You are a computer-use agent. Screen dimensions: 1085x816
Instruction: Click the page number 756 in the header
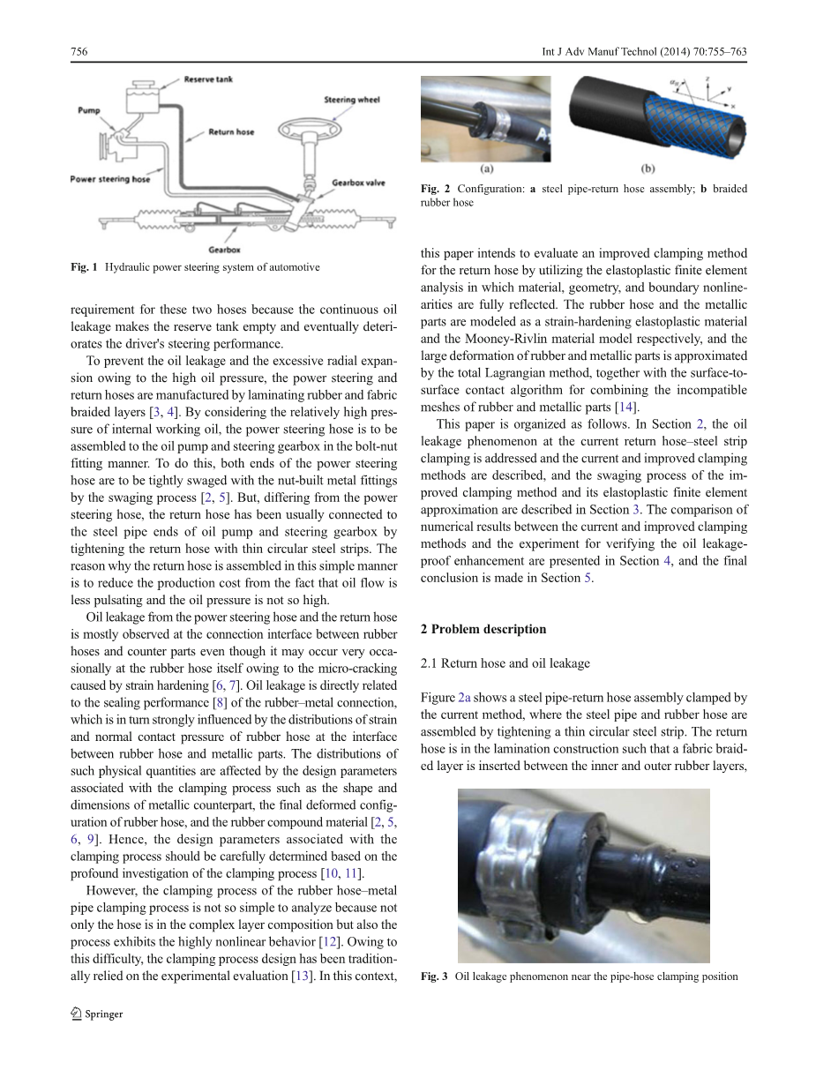79,52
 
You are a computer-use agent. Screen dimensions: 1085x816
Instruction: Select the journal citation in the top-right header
644,52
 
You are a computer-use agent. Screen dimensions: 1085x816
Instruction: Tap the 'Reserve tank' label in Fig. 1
208,80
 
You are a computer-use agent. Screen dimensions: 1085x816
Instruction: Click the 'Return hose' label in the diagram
231,132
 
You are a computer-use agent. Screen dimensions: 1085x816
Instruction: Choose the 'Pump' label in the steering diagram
88,111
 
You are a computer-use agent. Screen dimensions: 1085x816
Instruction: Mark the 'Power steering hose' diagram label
110,179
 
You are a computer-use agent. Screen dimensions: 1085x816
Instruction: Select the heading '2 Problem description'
483,629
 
